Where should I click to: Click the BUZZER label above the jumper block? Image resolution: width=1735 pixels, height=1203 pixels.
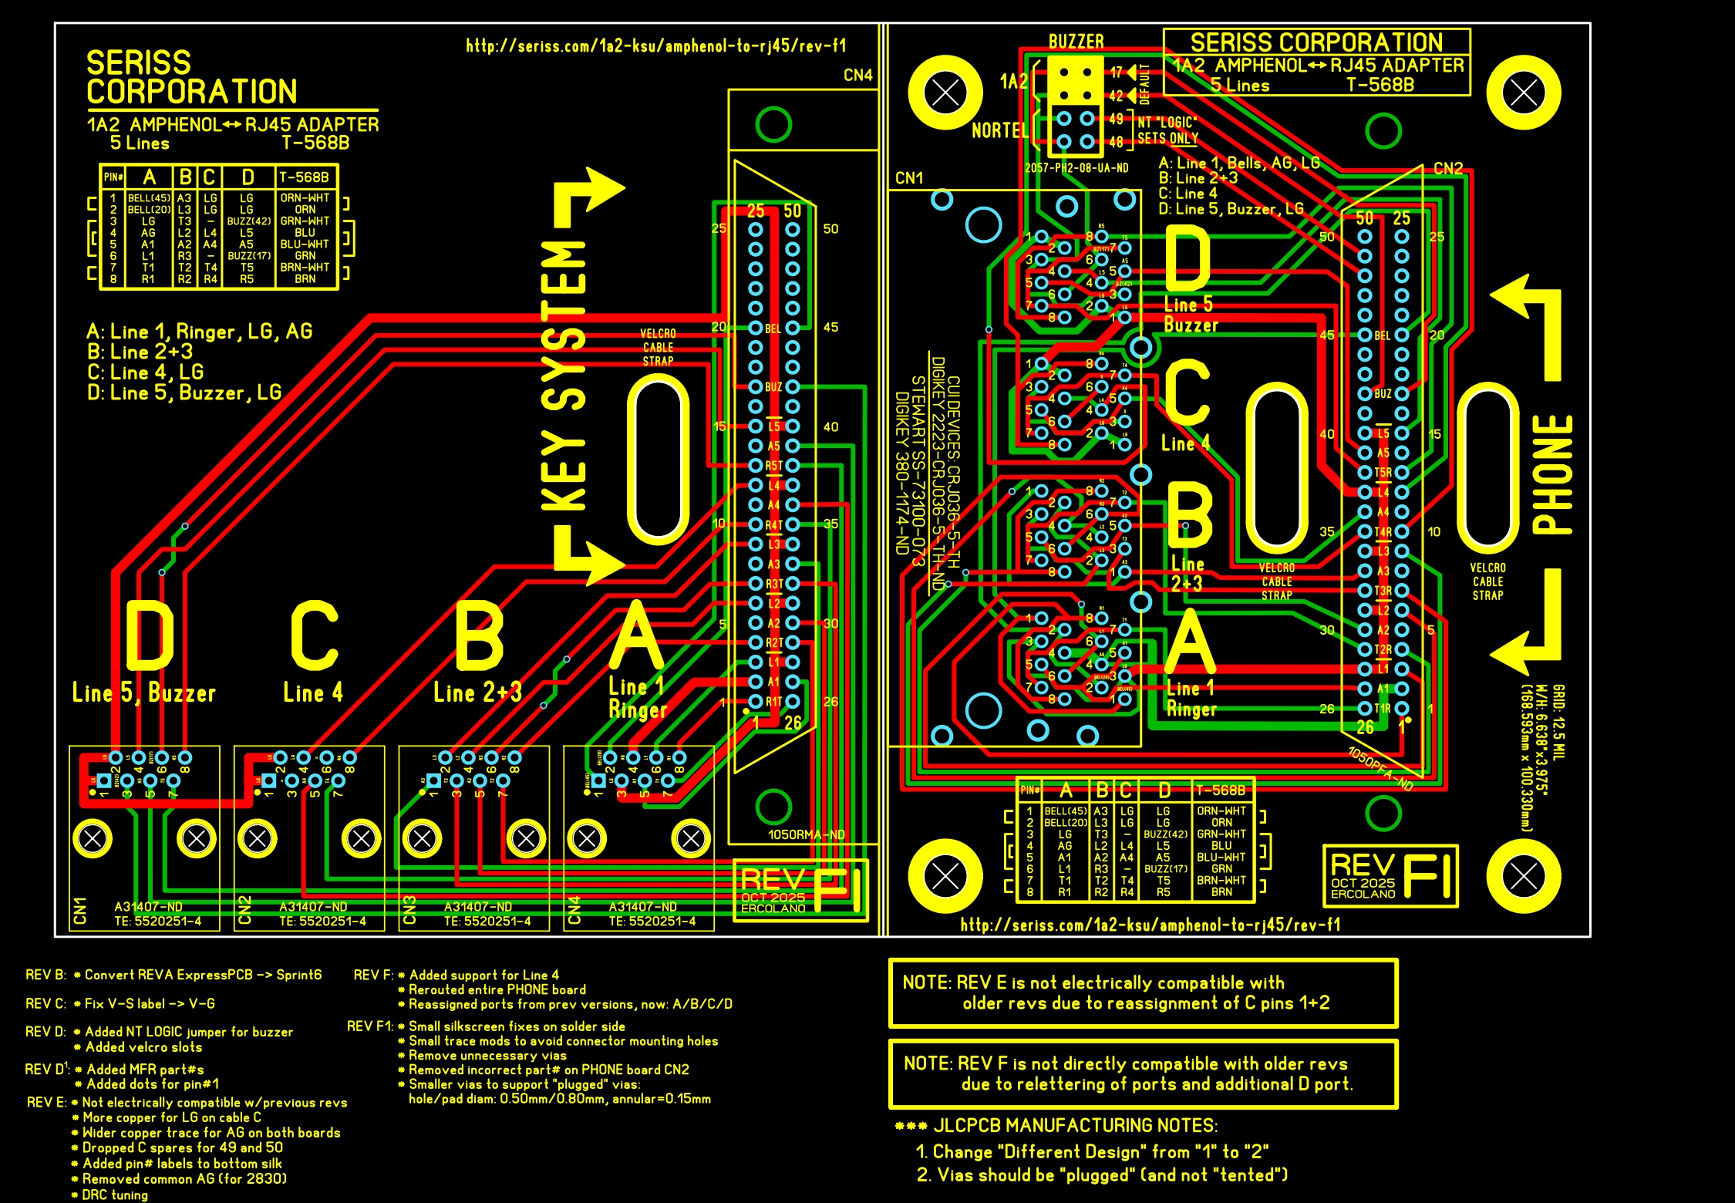coord(1076,42)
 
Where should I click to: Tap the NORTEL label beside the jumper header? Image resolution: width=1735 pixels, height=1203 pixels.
coord(1000,130)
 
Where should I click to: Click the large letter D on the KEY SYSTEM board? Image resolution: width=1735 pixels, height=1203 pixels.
coord(150,635)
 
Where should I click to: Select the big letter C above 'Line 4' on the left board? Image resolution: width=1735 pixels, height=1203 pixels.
coord(315,635)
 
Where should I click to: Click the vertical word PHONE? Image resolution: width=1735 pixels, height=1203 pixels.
coord(1551,474)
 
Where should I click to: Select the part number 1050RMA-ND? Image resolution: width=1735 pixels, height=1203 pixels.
coord(806,834)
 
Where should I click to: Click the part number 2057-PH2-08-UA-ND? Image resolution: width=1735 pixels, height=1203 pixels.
coord(1076,167)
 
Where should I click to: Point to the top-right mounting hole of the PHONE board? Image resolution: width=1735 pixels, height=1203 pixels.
coord(1523,93)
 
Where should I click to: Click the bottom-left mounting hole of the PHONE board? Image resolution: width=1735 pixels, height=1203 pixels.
coord(945,876)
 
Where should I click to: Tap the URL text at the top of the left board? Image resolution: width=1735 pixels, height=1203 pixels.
coord(655,46)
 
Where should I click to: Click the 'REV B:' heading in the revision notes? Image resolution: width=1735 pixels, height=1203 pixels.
coord(45,975)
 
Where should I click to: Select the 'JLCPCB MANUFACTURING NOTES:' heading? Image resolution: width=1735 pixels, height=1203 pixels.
coord(1075,1126)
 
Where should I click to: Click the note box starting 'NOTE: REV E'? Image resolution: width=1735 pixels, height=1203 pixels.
coord(1143,993)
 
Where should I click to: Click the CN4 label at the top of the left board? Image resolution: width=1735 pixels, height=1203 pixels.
coord(857,75)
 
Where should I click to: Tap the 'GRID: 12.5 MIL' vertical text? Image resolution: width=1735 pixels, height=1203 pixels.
coord(1558,721)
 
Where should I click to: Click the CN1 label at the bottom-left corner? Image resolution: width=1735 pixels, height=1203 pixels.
coord(79,911)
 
